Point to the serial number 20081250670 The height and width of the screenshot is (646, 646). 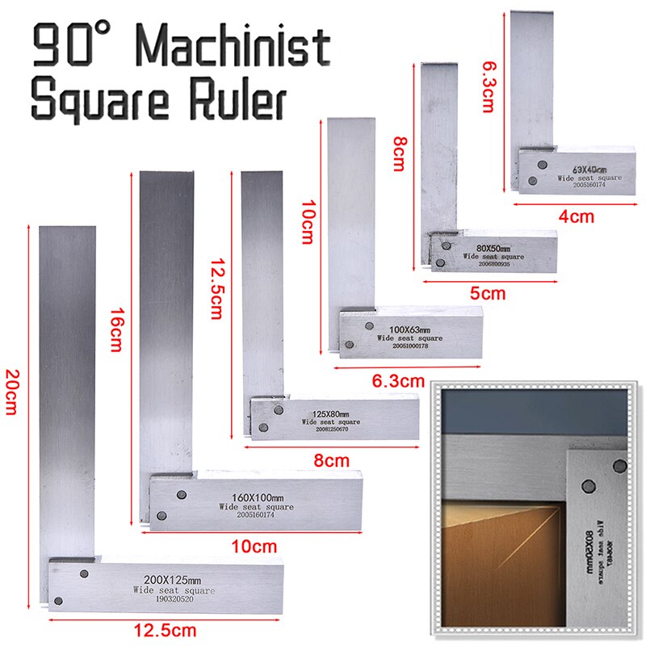tap(331, 429)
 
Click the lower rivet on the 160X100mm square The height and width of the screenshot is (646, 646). tap(164, 514)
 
